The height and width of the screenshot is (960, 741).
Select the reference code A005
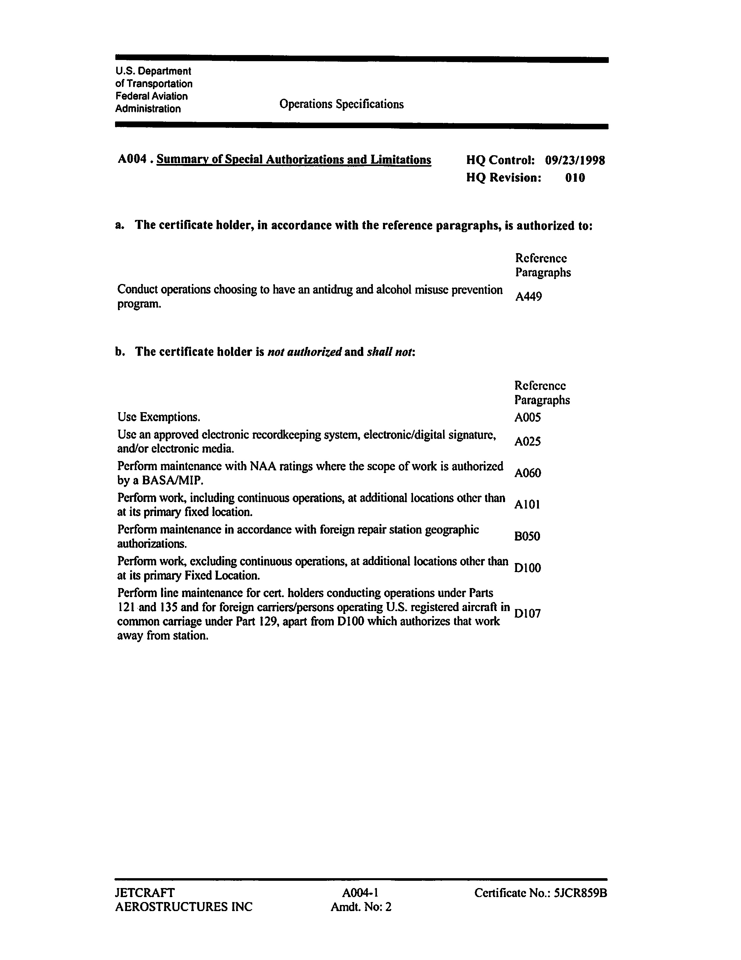(527, 417)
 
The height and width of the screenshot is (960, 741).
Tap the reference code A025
(527, 441)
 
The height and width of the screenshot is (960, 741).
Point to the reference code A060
(527, 473)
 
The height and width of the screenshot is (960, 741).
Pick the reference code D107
(527, 613)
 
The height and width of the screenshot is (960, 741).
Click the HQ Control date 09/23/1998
(575, 160)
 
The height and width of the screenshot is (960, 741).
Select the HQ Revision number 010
(575, 178)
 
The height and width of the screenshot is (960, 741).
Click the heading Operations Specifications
(341, 104)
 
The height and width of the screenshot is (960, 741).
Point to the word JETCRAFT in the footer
(144, 893)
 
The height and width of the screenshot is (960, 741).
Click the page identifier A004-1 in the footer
(360, 893)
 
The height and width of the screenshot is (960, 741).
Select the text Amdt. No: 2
(361, 907)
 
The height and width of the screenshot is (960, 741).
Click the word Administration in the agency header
(148, 109)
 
